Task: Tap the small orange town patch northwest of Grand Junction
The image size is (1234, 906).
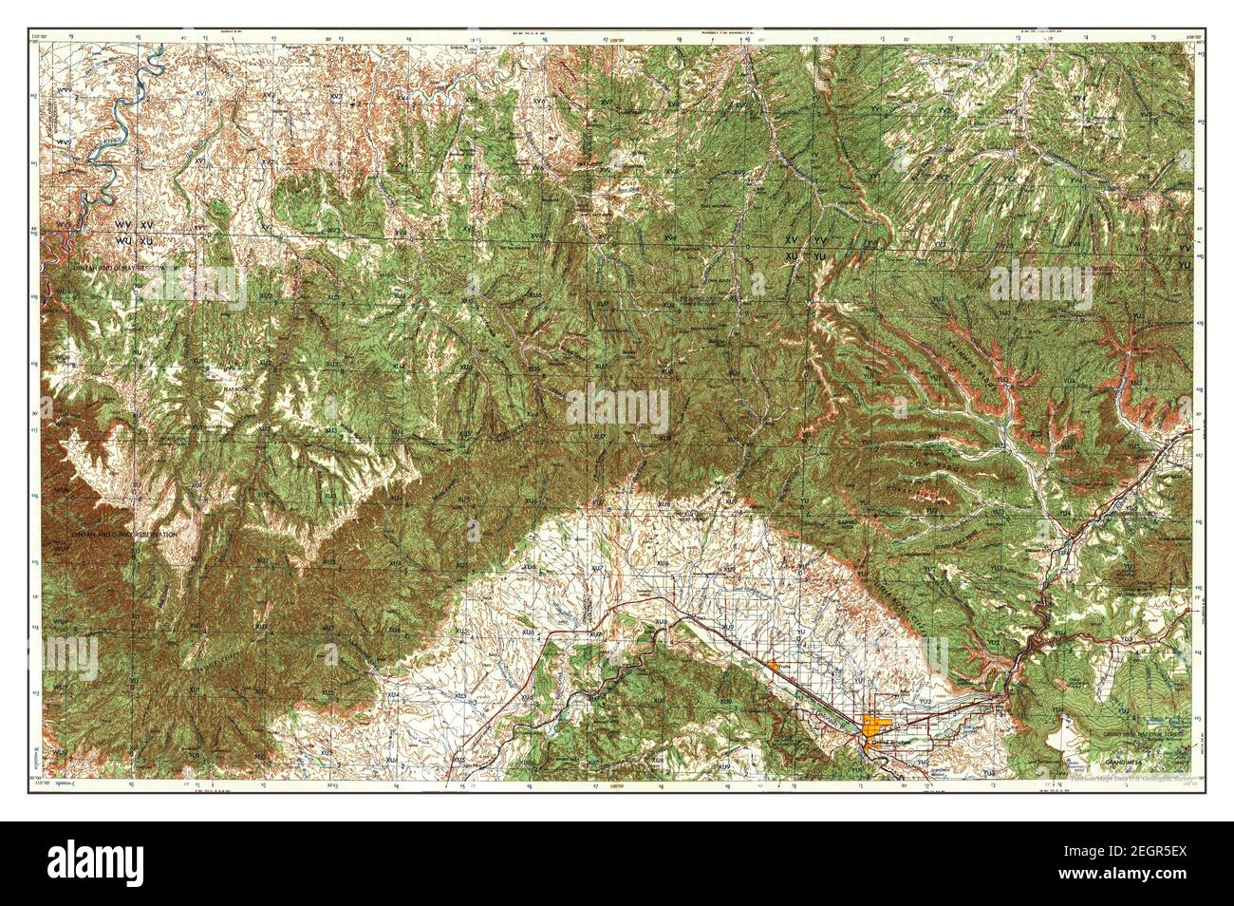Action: (776, 668)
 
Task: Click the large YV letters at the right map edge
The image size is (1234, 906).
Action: (1183, 248)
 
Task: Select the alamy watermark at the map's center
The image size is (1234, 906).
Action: (617, 406)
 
